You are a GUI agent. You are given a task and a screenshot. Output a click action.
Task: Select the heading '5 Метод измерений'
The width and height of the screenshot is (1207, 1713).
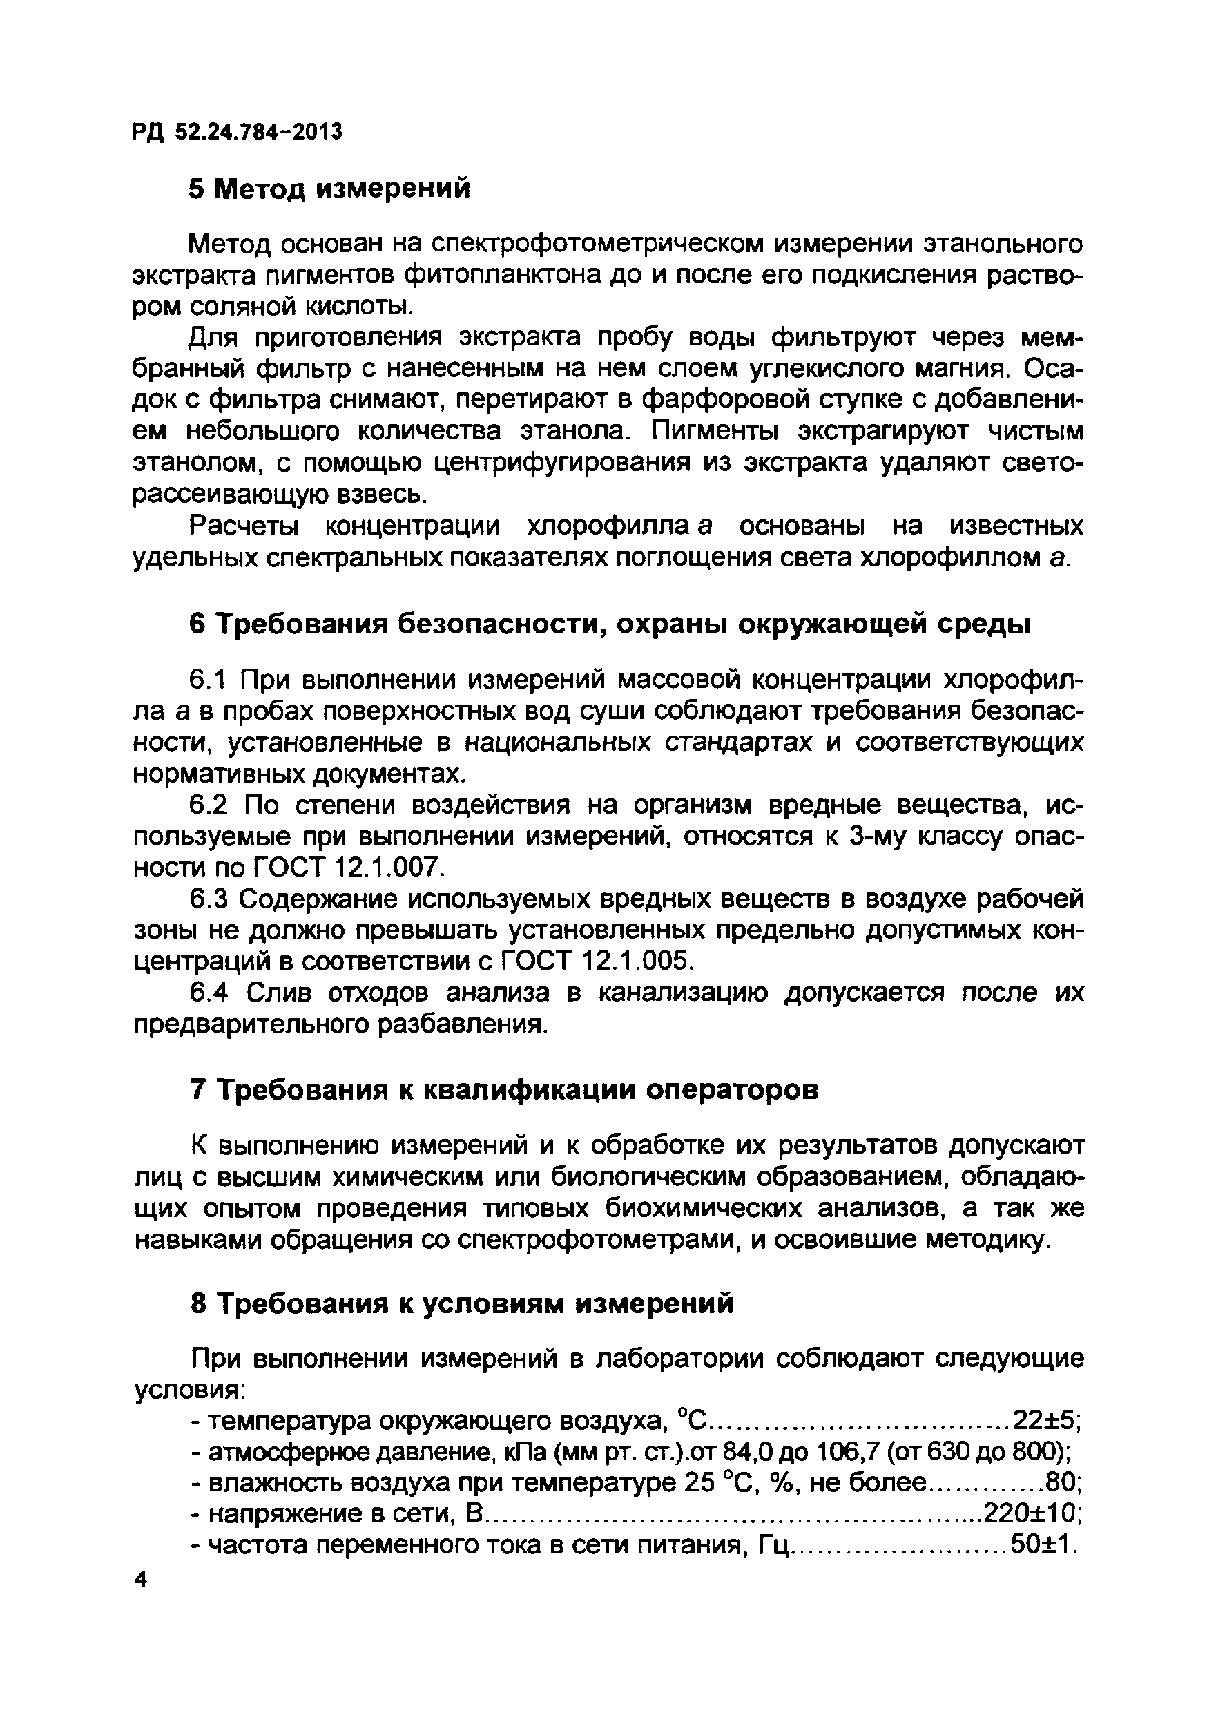click(x=330, y=189)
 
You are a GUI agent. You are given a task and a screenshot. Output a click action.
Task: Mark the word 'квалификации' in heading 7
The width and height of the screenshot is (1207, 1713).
click(x=529, y=1091)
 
